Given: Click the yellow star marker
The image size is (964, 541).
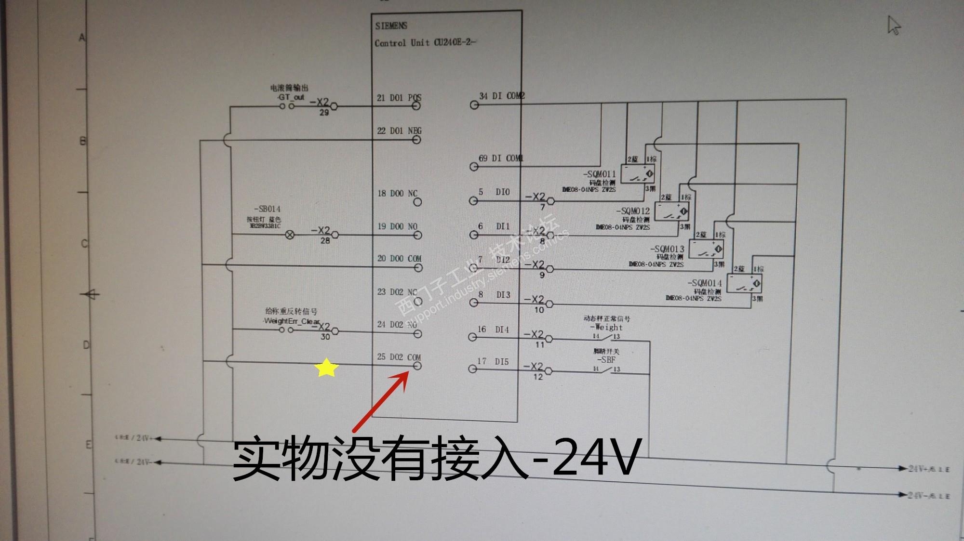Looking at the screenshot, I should pyautogui.click(x=326, y=368).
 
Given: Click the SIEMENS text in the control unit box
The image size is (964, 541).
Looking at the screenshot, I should pyautogui.click(x=391, y=26).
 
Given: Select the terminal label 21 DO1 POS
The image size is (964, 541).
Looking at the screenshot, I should pyautogui.click(x=399, y=98).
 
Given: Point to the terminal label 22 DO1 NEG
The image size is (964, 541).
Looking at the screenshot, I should pyautogui.click(x=399, y=131).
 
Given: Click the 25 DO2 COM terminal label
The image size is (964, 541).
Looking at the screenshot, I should pyautogui.click(x=399, y=357).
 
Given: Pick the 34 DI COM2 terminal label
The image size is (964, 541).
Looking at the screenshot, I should pyautogui.click(x=501, y=96).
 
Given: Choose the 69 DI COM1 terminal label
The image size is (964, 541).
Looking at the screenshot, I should pyautogui.click(x=500, y=158).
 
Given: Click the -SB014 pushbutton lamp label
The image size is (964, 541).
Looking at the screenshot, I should pyautogui.click(x=267, y=209).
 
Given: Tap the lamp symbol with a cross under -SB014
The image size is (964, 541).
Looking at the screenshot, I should pyautogui.click(x=290, y=235).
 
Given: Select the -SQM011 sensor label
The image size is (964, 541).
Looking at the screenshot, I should pyautogui.click(x=599, y=174).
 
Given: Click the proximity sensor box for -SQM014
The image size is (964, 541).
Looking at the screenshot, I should pyautogui.click(x=744, y=283).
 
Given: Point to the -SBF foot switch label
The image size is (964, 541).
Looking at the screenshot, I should pyautogui.click(x=606, y=360).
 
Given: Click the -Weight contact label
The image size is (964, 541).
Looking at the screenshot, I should pyautogui.click(x=606, y=327).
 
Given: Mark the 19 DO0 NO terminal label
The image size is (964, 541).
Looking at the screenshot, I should pyautogui.click(x=397, y=226).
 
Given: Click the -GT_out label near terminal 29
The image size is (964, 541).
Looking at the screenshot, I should pyautogui.click(x=291, y=97).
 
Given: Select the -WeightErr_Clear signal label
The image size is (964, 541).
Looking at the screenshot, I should pyautogui.click(x=291, y=321).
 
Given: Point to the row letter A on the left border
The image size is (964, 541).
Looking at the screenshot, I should pyautogui.click(x=82, y=38).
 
